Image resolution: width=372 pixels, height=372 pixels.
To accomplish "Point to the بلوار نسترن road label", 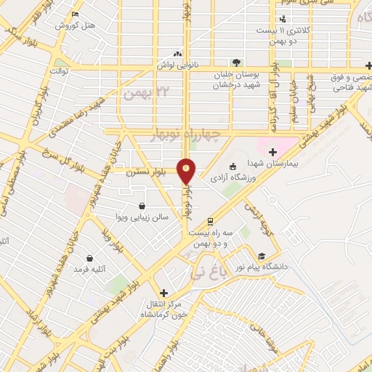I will point(144,173).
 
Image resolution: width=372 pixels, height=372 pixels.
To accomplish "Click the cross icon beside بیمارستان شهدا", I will point(272,152).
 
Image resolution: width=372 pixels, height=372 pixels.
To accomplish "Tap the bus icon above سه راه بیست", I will point(211,221).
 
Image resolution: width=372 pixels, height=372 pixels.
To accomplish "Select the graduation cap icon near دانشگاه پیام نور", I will point(261,256).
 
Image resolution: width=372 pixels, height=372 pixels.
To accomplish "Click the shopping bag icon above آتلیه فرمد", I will point(89,258).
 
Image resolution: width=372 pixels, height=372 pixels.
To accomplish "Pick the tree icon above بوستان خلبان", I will point(235,63).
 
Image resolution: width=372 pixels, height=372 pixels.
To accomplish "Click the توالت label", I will point(58,71).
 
